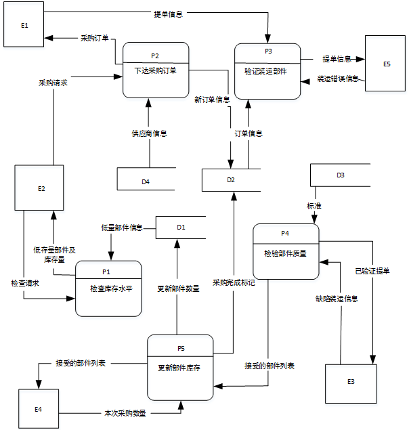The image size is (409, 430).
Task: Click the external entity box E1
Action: [x=24, y=25]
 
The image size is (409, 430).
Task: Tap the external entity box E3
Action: [x=350, y=382]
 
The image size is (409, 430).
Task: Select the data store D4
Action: [x=146, y=181]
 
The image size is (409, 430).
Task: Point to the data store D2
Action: [x=231, y=179]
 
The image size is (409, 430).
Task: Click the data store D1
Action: [x=181, y=227]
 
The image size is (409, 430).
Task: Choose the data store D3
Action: [x=340, y=175]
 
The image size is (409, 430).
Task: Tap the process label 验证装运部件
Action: [x=267, y=70]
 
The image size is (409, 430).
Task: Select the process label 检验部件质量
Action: [x=285, y=253]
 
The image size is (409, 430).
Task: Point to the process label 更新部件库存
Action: [x=180, y=368]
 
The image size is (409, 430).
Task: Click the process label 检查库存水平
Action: [x=108, y=288]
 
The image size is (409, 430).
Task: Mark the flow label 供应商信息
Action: [x=149, y=133]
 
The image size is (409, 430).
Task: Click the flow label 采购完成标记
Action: [x=234, y=282]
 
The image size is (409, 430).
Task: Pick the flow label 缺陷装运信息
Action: [x=337, y=298]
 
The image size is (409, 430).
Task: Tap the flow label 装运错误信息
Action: [x=338, y=79]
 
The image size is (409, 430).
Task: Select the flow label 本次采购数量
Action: [x=125, y=412]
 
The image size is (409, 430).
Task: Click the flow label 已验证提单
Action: [x=372, y=271]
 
